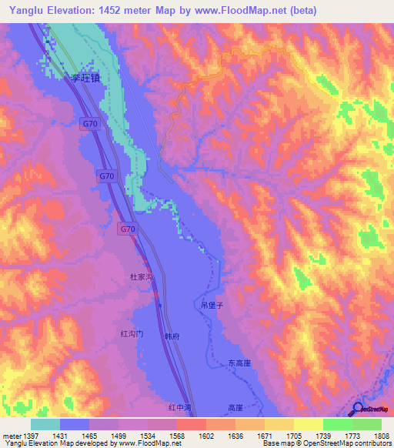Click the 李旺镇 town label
tap(87, 78)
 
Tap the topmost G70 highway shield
tap(89, 123)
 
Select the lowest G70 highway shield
tap(128, 229)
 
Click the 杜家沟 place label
tap(142, 275)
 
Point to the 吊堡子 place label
tap(212, 306)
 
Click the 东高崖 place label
tap(240, 362)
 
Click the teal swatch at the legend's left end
tap(45, 424)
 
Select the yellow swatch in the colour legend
tap(308, 424)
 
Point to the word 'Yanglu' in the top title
tap(22, 11)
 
